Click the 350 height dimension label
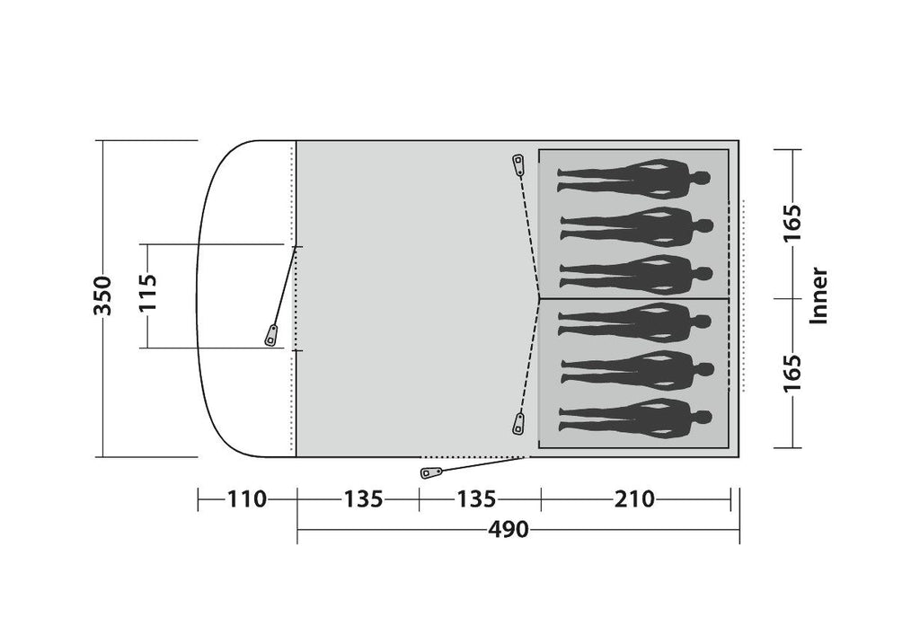point(102,295)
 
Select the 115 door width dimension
point(147,293)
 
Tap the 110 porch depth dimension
point(247,499)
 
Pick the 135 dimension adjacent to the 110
point(363,499)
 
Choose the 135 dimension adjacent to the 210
point(476,499)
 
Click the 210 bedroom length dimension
point(634,499)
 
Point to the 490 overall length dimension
point(509,530)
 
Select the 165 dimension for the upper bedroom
point(792,223)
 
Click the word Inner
point(818,295)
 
